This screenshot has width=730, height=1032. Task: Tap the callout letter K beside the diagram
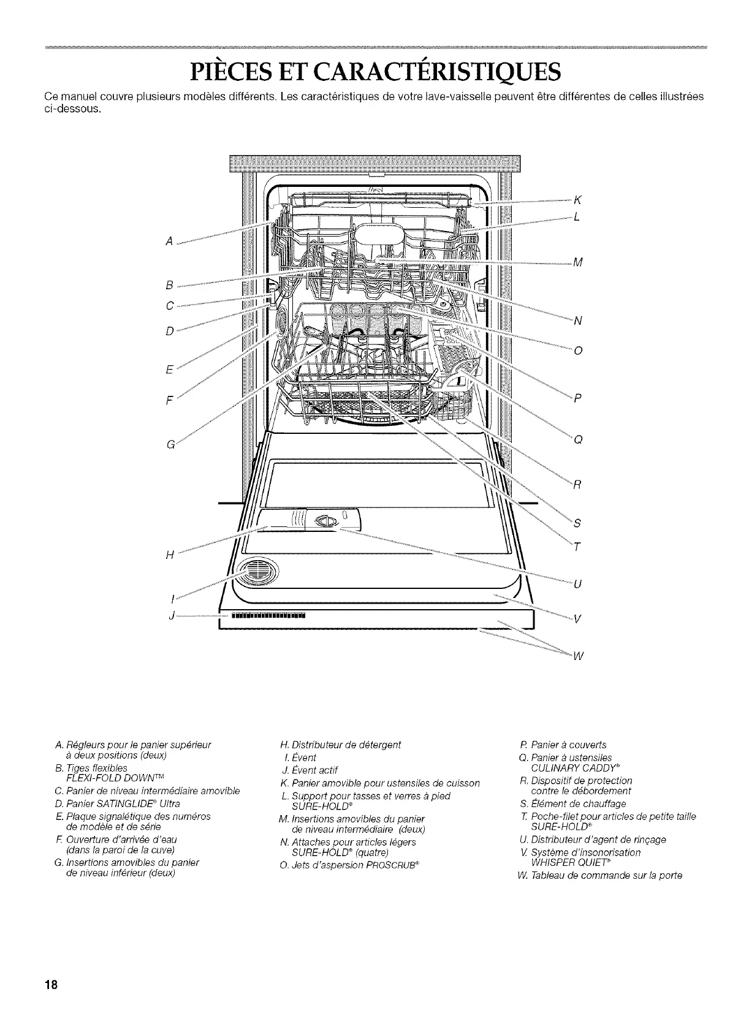(x=577, y=200)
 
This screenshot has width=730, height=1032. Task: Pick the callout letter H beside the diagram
(x=169, y=555)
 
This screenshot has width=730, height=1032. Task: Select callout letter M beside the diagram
(x=577, y=264)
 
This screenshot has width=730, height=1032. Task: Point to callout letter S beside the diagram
(x=576, y=523)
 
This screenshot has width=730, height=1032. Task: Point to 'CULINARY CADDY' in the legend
(x=571, y=767)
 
